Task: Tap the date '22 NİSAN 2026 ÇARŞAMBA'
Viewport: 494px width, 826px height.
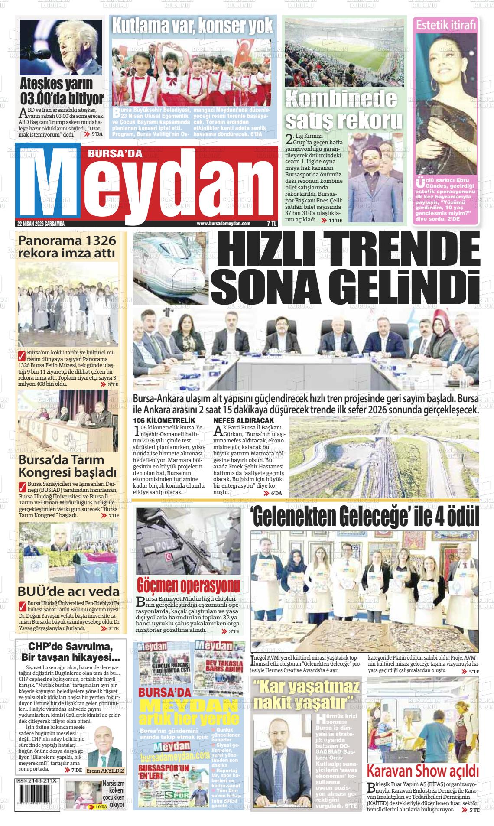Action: (x=41, y=224)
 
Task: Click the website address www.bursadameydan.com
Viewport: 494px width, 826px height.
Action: (x=223, y=224)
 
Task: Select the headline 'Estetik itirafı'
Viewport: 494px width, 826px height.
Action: (x=446, y=26)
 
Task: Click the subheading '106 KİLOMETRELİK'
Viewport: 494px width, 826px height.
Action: (x=164, y=420)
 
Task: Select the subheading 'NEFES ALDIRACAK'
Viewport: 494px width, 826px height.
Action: (x=244, y=420)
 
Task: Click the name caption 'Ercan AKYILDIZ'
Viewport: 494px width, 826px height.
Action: (x=105, y=771)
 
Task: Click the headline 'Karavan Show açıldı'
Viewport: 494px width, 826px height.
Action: (x=422, y=771)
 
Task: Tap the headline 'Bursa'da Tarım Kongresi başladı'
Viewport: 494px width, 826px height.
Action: (x=67, y=465)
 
